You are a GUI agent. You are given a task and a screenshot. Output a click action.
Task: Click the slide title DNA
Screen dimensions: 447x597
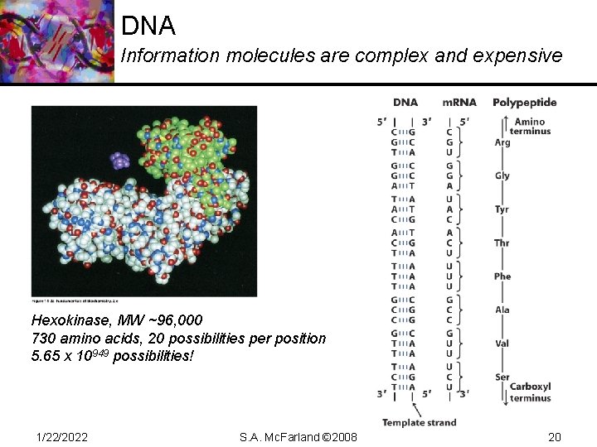tap(148, 26)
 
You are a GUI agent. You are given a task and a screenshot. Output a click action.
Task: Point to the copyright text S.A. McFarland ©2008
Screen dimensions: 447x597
tap(298, 436)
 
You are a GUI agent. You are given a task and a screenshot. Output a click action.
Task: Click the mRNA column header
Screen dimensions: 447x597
tap(459, 103)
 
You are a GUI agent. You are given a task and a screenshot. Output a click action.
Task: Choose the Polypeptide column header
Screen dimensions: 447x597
tap(525, 103)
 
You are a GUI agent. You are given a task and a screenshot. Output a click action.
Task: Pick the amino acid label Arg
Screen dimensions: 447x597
tap(502, 142)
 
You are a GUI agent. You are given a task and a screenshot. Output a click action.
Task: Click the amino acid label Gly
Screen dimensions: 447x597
tap(502, 175)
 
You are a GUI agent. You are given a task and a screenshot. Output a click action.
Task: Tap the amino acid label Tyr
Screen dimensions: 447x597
tap(502, 209)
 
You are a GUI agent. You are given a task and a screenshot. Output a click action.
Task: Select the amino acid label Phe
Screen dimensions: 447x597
tap(502, 276)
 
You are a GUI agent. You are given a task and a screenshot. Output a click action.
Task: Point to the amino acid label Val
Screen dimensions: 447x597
tap(502, 344)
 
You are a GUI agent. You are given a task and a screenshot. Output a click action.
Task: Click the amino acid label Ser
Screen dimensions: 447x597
tap(502, 377)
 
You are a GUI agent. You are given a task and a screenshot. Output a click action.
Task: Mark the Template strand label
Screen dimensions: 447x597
tap(419, 422)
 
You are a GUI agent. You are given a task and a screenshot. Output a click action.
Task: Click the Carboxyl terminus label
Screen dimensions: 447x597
tap(531, 392)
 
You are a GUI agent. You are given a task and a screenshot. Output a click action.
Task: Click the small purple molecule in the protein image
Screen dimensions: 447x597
tap(120, 159)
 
